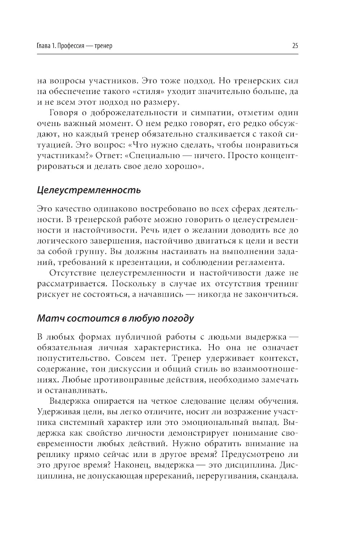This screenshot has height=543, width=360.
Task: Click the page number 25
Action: click(x=295, y=46)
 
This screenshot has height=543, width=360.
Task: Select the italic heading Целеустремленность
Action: click(x=89, y=190)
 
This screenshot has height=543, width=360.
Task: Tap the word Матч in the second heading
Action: click(x=50, y=318)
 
